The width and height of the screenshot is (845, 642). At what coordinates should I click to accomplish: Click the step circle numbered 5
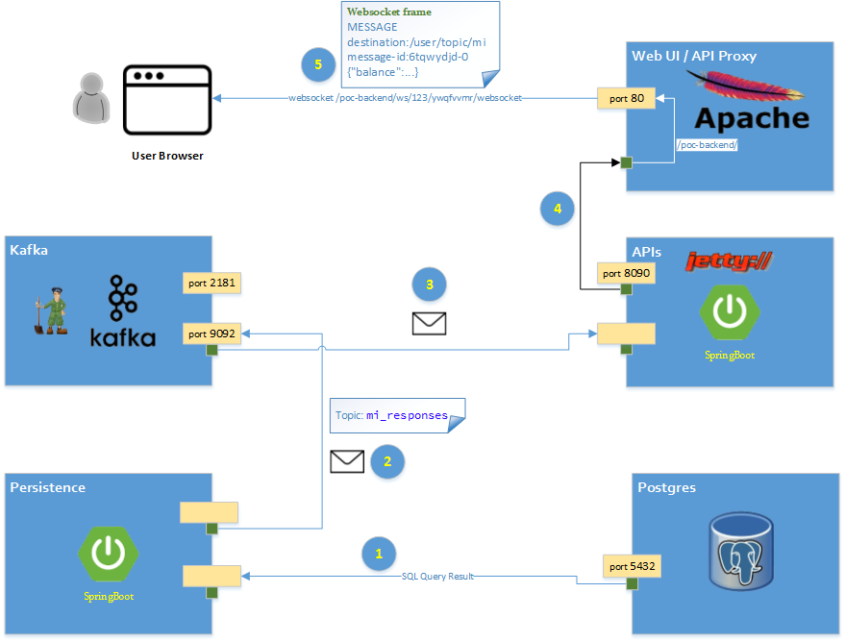point(317,64)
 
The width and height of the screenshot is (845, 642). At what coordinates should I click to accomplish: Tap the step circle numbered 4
point(558,208)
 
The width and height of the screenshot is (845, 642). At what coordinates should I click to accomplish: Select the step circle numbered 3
point(430,284)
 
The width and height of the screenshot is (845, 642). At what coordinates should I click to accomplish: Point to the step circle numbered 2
point(387,460)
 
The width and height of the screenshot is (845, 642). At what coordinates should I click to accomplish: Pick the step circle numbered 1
point(379,554)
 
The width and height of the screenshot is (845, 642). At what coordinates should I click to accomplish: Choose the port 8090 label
point(626,274)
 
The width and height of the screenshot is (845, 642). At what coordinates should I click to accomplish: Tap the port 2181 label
point(211,283)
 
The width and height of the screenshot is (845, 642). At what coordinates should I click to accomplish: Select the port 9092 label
point(211,333)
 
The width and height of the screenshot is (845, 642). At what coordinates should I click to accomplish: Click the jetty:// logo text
point(730,260)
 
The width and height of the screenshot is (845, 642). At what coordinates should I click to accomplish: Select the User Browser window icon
point(167,99)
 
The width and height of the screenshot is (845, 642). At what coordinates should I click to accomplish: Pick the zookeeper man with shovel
point(48,308)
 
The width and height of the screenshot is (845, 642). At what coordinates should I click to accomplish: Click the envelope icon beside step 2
point(347,461)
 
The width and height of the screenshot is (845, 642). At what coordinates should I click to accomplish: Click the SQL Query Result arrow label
point(437,576)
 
